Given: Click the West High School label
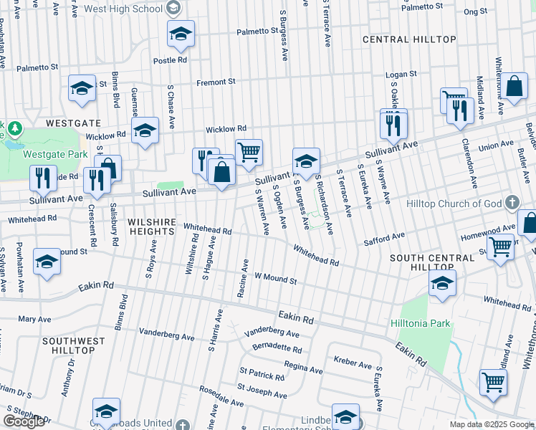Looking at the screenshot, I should [123, 9].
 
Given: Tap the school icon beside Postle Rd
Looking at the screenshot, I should [181, 34].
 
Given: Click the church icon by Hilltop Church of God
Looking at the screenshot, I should [512, 203].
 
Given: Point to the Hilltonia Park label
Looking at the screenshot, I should [421, 323].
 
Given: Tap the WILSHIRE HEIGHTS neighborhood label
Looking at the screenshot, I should [151, 227].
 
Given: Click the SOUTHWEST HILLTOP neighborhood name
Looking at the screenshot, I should [74, 346].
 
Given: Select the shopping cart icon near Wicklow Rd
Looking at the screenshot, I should [249, 152].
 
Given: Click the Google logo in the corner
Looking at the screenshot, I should [24, 421].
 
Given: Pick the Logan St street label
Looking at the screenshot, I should [401, 74].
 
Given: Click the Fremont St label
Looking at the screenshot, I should [216, 82].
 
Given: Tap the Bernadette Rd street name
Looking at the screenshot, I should [277, 348].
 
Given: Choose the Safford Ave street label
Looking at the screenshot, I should [384, 237].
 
